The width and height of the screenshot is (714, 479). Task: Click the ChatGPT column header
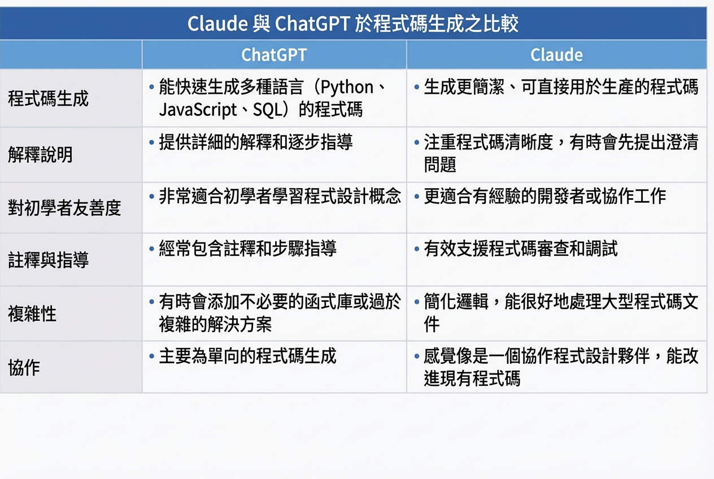point(274,55)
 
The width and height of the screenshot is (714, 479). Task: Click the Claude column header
point(556,55)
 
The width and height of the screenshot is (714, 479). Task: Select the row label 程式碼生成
point(49,98)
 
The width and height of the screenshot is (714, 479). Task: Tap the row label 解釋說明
point(41,154)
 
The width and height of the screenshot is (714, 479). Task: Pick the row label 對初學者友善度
point(64,208)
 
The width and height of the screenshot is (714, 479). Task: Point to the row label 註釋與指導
point(49,260)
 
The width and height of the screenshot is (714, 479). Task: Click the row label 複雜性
point(32,313)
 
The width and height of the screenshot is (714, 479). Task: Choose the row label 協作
point(24,367)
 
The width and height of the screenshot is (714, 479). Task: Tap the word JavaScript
point(198,110)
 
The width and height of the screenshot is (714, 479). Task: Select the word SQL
point(267,110)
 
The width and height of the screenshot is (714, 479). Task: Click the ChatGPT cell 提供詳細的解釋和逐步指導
point(256,142)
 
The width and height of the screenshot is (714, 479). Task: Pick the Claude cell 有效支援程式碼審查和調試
point(520,249)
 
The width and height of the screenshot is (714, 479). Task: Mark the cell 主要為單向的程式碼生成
point(247,356)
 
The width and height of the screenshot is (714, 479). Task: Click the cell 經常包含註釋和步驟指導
point(247,249)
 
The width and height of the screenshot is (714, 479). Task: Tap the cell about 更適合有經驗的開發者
point(545,196)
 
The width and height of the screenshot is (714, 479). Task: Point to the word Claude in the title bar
point(217,24)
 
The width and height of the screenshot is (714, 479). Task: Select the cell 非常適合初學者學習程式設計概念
point(280,196)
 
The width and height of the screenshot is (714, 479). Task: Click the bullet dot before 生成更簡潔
point(417,88)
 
